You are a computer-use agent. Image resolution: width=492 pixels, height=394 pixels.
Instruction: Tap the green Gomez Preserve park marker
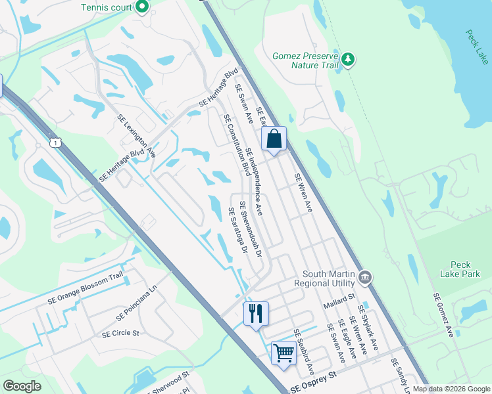349,60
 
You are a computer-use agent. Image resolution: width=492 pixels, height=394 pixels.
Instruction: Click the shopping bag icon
274,139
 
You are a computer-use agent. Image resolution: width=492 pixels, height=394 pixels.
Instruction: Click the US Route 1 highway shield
56,142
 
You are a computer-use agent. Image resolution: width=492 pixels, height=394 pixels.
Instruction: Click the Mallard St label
339,304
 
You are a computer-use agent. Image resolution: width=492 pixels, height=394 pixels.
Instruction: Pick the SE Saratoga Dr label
237,231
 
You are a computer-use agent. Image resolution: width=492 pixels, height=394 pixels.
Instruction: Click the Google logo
22,386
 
